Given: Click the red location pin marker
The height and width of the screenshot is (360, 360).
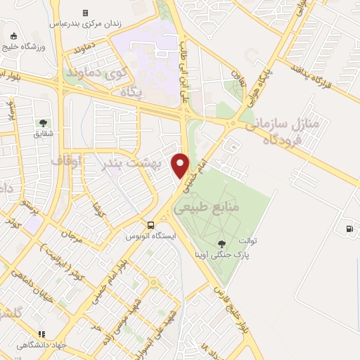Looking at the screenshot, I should [181, 165].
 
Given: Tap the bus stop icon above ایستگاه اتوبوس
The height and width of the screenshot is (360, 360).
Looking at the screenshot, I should [151, 225].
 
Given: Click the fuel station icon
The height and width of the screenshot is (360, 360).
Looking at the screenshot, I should [349, 229].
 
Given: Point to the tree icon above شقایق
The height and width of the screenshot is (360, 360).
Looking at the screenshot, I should [44, 122].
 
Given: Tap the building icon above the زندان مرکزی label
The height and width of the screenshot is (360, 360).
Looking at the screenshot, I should [85, 13].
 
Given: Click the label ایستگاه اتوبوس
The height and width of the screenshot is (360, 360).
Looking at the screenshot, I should [149, 237].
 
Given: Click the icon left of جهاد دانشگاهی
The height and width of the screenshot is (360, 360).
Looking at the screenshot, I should [42, 335].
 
